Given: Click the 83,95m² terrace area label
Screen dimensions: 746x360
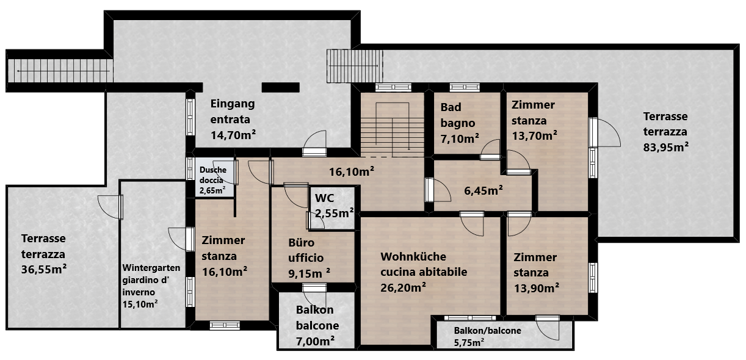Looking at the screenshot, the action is point(666,146).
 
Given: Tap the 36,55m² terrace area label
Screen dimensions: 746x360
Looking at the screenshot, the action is point(43,269).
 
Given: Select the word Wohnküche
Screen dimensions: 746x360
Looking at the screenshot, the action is point(413,256).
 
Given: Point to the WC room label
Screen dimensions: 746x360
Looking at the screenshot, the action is point(324,198).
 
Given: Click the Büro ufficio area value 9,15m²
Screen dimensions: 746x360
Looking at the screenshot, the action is point(309,273).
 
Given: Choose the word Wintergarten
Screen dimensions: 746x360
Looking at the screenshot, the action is point(151,268).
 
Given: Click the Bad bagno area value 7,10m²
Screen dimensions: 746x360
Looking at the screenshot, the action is point(460,139).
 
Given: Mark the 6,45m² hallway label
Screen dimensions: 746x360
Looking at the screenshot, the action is point(483,190).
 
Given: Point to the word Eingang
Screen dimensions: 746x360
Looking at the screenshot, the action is point(233,104).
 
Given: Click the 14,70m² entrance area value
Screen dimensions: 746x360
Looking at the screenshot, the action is point(233,135).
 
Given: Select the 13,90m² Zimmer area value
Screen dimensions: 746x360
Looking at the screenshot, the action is point(536,288).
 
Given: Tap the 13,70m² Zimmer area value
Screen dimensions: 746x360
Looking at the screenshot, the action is point(534,135).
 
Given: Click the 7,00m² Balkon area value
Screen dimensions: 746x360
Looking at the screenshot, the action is point(315,341).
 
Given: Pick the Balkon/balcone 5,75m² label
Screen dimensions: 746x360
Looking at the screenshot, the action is point(487,336).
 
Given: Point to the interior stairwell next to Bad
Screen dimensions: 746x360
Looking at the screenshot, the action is point(393,124).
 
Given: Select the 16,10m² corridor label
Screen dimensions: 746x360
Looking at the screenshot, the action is point(352,171).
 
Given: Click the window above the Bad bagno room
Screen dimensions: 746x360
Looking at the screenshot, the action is point(465,87).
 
